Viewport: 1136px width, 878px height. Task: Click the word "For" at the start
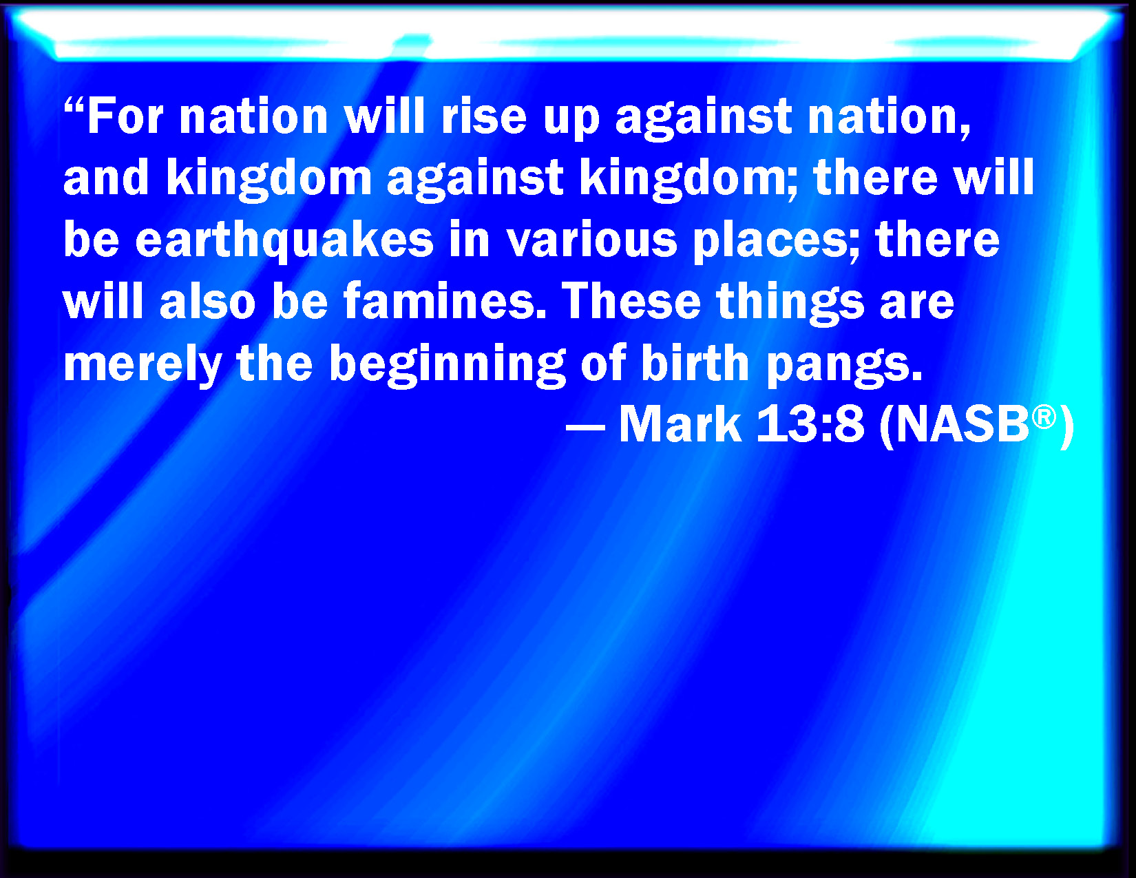[125, 116]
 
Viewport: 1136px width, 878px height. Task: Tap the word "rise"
[483, 116]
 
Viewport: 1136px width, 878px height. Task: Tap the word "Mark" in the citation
[680, 424]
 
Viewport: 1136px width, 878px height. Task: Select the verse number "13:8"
[810, 424]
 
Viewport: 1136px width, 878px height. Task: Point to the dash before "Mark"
[585, 426]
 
